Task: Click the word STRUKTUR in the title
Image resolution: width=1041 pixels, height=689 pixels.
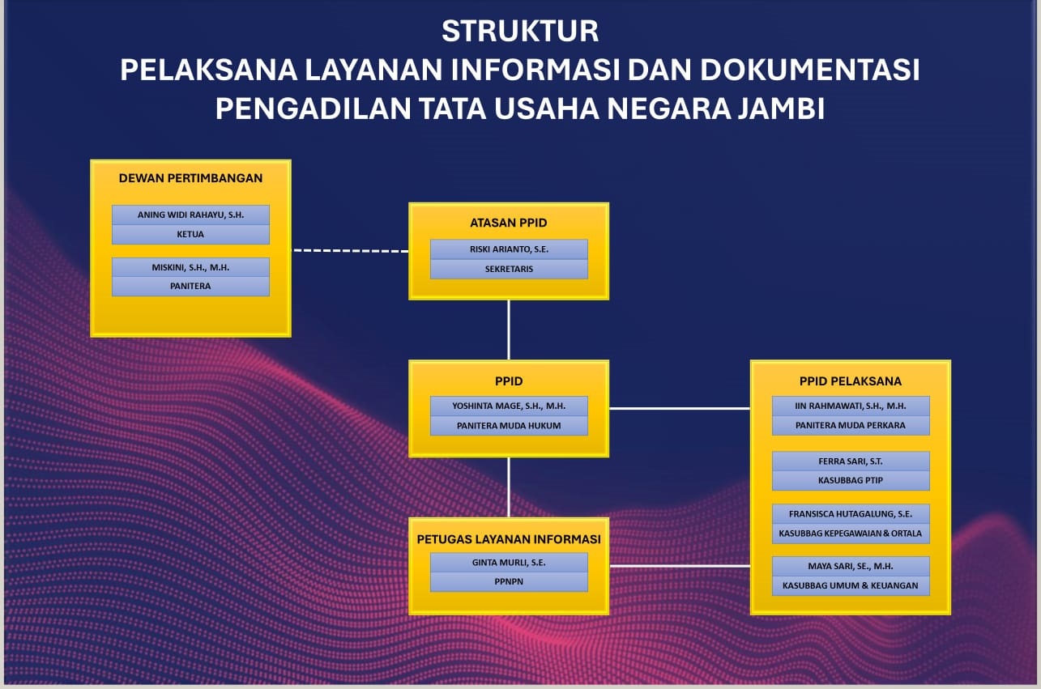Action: [x=520, y=31]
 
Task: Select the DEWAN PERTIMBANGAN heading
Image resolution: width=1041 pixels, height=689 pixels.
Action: [x=190, y=178]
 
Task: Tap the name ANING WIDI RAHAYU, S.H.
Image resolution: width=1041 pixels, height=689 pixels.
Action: [x=190, y=215]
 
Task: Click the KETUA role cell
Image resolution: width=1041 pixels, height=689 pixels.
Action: [x=190, y=234]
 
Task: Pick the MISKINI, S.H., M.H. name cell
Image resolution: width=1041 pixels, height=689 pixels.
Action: [x=190, y=267]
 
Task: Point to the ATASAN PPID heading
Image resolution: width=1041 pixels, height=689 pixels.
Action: [x=509, y=223]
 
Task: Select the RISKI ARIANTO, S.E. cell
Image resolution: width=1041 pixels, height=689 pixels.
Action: [x=509, y=249]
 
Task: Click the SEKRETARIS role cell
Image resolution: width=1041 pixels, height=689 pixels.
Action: [x=509, y=269]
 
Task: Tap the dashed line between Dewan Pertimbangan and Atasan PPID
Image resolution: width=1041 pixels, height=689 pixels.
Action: [x=350, y=251]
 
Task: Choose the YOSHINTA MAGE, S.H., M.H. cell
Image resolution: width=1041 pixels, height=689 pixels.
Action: [x=509, y=406]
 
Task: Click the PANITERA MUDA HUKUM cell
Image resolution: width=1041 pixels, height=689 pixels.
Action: [x=509, y=426]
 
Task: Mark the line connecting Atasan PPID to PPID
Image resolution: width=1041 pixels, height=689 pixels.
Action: [x=509, y=330]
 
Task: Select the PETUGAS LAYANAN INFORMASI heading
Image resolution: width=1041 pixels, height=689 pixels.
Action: [x=509, y=539]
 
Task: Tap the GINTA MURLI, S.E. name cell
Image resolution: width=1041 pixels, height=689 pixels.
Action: [x=509, y=562]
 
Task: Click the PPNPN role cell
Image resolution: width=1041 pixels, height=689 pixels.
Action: [x=509, y=581]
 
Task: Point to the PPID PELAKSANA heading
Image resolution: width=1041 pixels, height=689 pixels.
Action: [x=850, y=381]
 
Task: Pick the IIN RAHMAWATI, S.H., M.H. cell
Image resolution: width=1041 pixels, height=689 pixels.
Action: [x=851, y=406]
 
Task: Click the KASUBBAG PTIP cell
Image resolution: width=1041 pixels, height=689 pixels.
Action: [x=851, y=480]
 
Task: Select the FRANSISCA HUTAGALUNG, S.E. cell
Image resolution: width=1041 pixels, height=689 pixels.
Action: [x=851, y=513]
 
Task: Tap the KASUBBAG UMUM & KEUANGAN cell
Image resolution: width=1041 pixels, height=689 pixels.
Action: [x=851, y=585]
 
